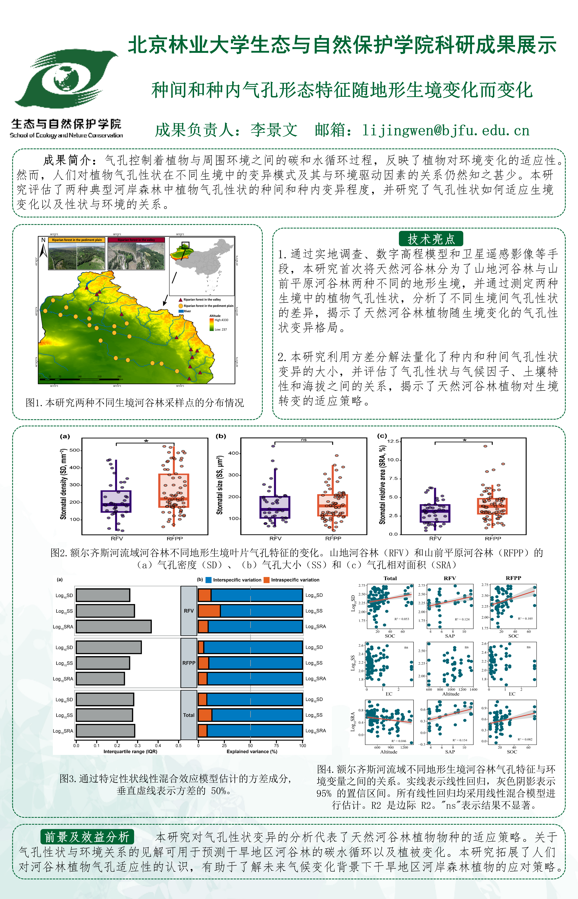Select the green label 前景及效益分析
(x=87, y=837)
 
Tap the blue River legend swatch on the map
(x=181, y=311)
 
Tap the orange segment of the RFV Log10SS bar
(x=209, y=611)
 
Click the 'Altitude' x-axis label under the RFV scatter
(x=451, y=694)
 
